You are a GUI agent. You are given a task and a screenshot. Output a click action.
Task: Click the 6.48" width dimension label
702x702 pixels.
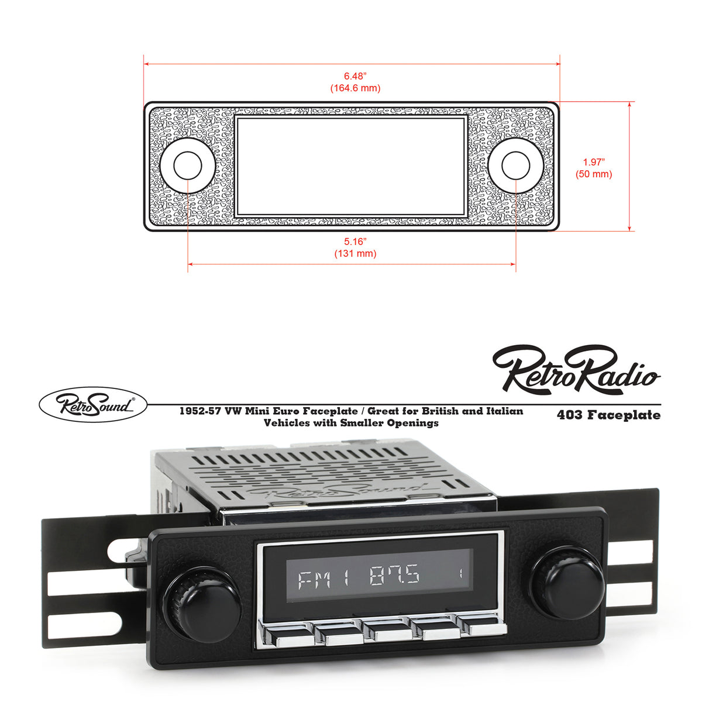point(355,76)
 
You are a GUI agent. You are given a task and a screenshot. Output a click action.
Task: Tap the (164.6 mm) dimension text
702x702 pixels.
point(355,88)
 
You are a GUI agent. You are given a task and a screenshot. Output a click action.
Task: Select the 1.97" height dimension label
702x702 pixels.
point(594,162)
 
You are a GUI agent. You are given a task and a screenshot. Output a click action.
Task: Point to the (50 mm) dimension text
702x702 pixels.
point(594,174)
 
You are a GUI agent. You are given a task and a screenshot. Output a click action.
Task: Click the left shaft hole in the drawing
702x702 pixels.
point(188,166)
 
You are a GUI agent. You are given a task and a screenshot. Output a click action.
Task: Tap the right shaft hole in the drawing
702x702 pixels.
point(516,166)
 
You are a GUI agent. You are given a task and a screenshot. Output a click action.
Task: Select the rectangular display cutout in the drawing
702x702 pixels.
point(351,166)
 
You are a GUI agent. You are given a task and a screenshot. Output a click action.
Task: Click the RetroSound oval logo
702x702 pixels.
point(93,405)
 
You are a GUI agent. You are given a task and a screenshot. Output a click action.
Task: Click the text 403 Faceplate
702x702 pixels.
point(608,415)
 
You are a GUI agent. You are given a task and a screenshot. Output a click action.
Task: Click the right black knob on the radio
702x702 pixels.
point(566,582)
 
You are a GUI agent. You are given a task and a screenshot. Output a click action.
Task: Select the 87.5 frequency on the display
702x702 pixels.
point(394,577)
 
